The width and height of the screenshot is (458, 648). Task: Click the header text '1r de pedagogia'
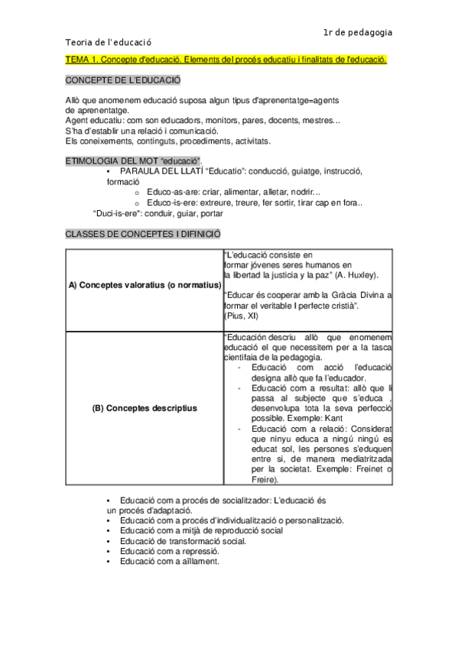click(x=358, y=32)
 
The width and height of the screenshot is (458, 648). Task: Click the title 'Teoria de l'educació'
click(x=109, y=44)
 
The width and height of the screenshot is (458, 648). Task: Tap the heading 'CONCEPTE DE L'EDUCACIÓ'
click(x=122, y=80)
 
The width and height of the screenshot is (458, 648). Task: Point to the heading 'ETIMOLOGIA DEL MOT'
click(x=110, y=160)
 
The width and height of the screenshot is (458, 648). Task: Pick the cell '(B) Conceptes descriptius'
click(x=144, y=408)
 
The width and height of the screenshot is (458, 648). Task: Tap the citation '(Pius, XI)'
click(x=241, y=316)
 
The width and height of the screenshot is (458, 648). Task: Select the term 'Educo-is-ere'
click(x=170, y=203)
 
